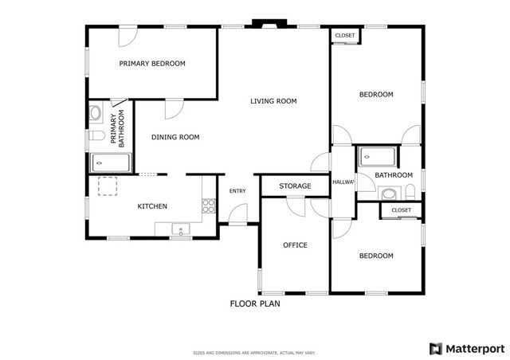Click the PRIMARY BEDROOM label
tap(152, 63)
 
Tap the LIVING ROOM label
tap(273, 101)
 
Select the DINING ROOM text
tap(175, 137)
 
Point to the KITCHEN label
tap(152, 206)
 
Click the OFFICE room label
tap(295, 245)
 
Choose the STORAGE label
tap(295, 186)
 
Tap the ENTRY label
tap(237, 191)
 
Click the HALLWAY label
tap(343, 182)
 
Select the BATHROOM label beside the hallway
tap(394, 175)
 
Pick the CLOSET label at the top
tap(345, 35)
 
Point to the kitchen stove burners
tap(209, 206)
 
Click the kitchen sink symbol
tap(182, 230)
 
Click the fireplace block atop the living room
tap(261, 24)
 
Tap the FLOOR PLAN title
tap(255, 303)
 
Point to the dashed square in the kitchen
tap(106, 186)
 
